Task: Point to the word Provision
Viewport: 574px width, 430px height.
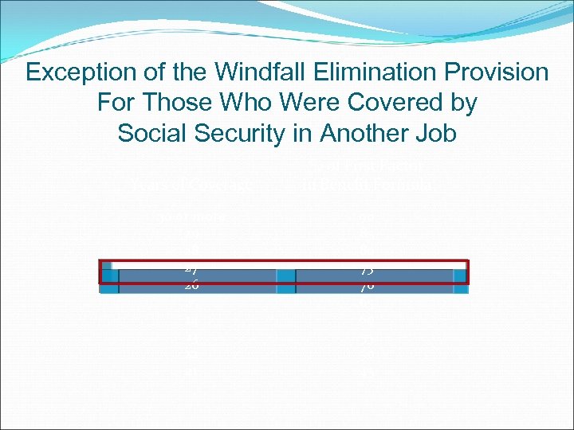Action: click(x=499, y=72)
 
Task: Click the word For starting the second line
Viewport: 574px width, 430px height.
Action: click(x=113, y=103)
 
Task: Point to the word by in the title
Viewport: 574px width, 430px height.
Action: click(x=461, y=104)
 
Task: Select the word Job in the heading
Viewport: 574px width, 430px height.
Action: click(x=435, y=133)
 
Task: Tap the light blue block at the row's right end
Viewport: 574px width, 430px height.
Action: click(x=460, y=276)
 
